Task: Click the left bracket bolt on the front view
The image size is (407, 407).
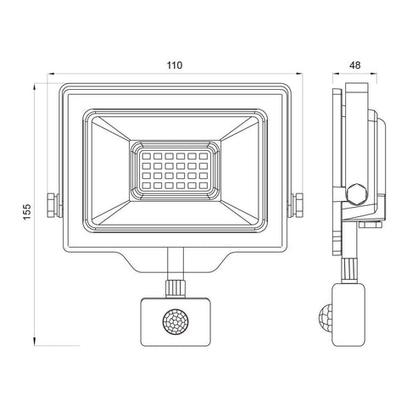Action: (53, 204)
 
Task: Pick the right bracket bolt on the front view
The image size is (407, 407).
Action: (298, 204)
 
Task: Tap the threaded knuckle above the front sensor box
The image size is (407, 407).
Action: (176, 287)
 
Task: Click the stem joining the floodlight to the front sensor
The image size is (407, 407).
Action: (176, 261)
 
